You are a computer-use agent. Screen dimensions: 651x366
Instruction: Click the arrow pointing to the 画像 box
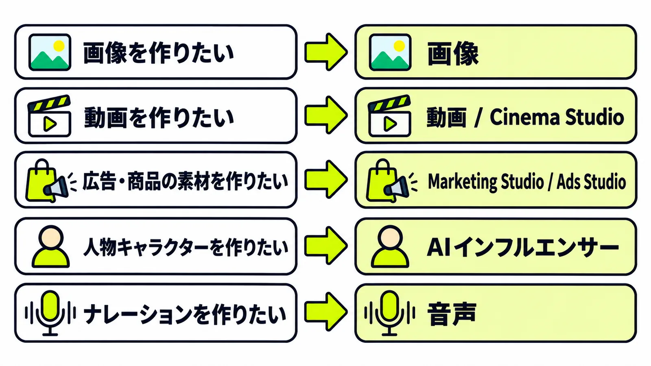[326, 52]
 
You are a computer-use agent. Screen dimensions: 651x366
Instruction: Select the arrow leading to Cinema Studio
[326, 115]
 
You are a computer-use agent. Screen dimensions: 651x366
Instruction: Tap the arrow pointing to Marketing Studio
[326, 179]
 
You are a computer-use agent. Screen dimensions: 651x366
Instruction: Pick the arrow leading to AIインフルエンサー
[326, 246]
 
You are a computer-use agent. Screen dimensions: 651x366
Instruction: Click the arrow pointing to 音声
[326, 312]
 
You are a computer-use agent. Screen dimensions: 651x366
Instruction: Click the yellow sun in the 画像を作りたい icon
[59, 46]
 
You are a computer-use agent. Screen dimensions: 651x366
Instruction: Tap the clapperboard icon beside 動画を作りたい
[49, 115]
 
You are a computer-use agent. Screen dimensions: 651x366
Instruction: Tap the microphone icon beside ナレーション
[50, 313]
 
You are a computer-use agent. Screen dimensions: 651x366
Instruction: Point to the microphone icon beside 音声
[389, 313]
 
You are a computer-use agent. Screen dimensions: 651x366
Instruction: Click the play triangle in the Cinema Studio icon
[390, 124]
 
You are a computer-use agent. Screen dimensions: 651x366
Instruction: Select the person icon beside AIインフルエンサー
[390, 246]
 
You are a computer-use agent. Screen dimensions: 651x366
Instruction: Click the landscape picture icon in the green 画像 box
[390, 52]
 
